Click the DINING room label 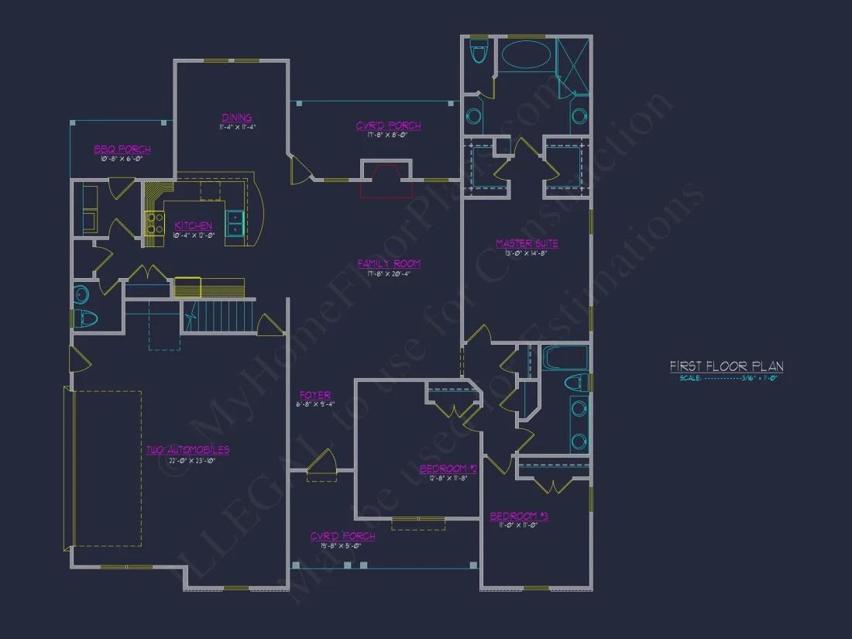point(236,118)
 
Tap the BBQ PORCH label point(122,149)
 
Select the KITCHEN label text point(193,225)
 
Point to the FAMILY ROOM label point(389,264)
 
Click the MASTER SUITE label point(527,244)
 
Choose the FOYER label point(315,395)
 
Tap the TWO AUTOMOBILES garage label point(187,450)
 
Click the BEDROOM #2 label point(448,469)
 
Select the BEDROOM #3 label point(518,516)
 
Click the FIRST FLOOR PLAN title point(727,366)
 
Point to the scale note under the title point(728,379)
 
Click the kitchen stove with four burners point(155,223)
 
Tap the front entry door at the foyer point(321,466)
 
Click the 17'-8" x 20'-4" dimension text point(389,273)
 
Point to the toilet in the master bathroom point(479,53)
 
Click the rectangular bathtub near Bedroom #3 point(565,359)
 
